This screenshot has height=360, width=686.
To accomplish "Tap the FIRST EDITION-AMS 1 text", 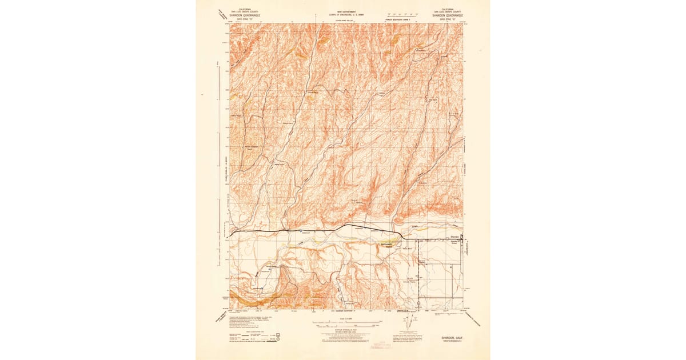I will pyautogui.click(x=398, y=19).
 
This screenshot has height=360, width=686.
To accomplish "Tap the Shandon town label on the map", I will pyautogui.click(x=454, y=237).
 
